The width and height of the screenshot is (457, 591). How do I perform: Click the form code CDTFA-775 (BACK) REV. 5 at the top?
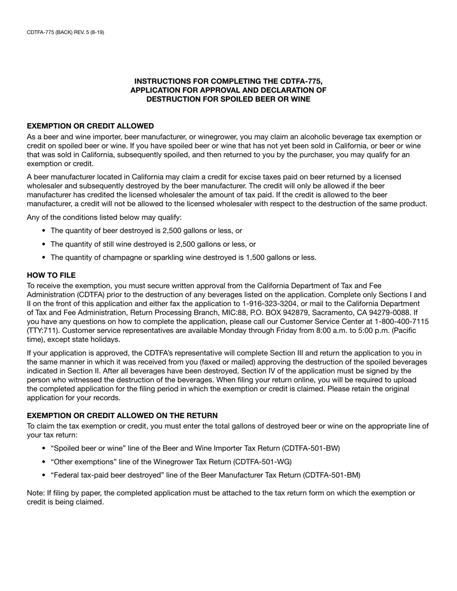click(65, 32)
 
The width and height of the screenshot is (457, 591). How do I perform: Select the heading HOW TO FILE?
click(51, 275)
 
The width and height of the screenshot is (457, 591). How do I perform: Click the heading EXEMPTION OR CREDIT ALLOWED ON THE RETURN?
click(122, 415)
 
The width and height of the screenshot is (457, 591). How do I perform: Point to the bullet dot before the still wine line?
click(44, 244)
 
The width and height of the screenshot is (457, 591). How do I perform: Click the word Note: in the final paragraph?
click(36, 493)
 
